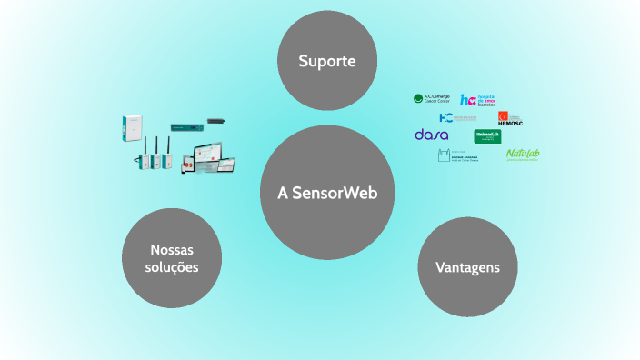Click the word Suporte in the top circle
(325, 62)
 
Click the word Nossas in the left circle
(172, 249)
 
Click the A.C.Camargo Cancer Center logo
(432, 99)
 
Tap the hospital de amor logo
(478, 100)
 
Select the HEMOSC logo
(509, 118)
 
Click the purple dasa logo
(431, 135)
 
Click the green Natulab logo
(523, 154)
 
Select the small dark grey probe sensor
(215, 120)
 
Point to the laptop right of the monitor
(226, 165)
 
